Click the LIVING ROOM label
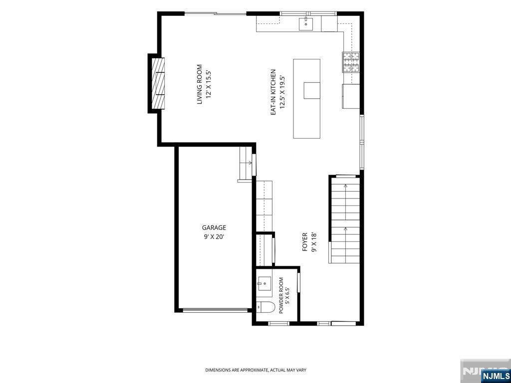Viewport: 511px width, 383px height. pyautogui.click(x=200, y=85)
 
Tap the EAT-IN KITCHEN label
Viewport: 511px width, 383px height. pyautogui.click(x=273, y=92)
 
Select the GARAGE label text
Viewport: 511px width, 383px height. pyautogui.click(x=214, y=228)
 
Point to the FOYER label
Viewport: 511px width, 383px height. pyautogui.click(x=305, y=242)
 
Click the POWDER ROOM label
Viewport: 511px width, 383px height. pyautogui.click(x=281, y=295)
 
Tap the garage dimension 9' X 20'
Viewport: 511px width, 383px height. pyautogui.click(x=214, y=237)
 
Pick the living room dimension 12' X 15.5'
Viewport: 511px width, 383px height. pyautogui.click(x=209, y=85)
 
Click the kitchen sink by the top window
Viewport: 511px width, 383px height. pyautogui.click(x=306, y=24)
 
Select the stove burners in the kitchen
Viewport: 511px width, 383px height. pyautogui.click(x=350, y=62)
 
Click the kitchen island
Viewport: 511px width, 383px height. pyautogui.click(x=306, y=99)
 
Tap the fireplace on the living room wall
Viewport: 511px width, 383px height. pyautogui.click(x=157, y=83)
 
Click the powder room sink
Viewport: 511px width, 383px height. pyautogui.click(x=264, y=284)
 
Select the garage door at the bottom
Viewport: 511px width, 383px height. pyautogui.click(x=215, y=310)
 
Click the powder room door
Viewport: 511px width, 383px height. pyautogui.click(x=298, y=284)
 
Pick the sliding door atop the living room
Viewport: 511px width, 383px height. pyautogui.click(x=216, y=13)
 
